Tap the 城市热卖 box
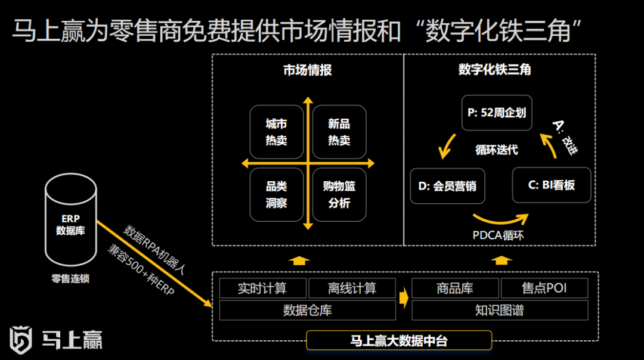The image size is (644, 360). [x=277, y=132]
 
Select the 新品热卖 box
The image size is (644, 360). [x=339, y=132]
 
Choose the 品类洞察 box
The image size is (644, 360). [x=277, y=195]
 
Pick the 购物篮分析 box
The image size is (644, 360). [x=339, y=195]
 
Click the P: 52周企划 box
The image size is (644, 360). [x=497, y=112]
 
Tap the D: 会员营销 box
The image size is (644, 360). [x=447, y=186]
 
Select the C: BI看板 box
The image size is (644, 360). [x=552, y=185]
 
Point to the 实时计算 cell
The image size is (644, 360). [x=262, y=288]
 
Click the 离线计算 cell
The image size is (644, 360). [x=352, y=288]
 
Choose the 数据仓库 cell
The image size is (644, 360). [x=307, y=310]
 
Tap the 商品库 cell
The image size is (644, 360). [x=455, y=288]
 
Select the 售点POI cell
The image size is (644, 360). [x=544, y=288]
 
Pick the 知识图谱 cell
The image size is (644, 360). [x=500, y=310]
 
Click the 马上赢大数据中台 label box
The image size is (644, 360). [x=398, y=340]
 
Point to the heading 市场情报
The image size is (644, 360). [x=307, y=70]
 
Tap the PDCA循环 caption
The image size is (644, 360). [x=498, y=235]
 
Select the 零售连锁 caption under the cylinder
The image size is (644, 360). [x=70, y=278]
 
